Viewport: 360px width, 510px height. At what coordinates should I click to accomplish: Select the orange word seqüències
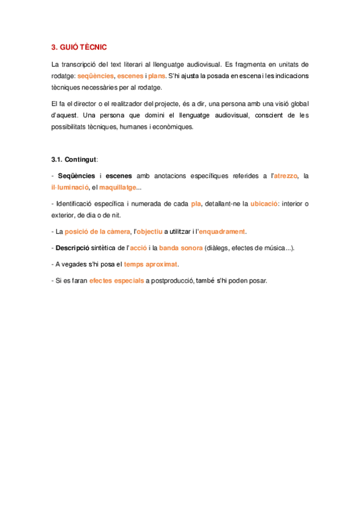(96, 76)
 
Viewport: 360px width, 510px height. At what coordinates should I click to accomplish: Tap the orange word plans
(156, 76)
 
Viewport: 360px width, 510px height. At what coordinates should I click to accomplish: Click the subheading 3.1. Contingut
(75, 160)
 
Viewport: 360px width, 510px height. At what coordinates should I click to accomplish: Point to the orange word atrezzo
(285, 176)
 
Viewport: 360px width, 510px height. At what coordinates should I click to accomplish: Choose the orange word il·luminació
(71, 187)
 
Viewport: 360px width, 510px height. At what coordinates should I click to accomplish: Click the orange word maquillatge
(118, 187)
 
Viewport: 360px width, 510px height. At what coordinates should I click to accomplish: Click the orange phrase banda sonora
(181, 248)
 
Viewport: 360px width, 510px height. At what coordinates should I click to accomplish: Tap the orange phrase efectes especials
(116, 280)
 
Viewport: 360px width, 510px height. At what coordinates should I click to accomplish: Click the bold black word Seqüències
(76, 176)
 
